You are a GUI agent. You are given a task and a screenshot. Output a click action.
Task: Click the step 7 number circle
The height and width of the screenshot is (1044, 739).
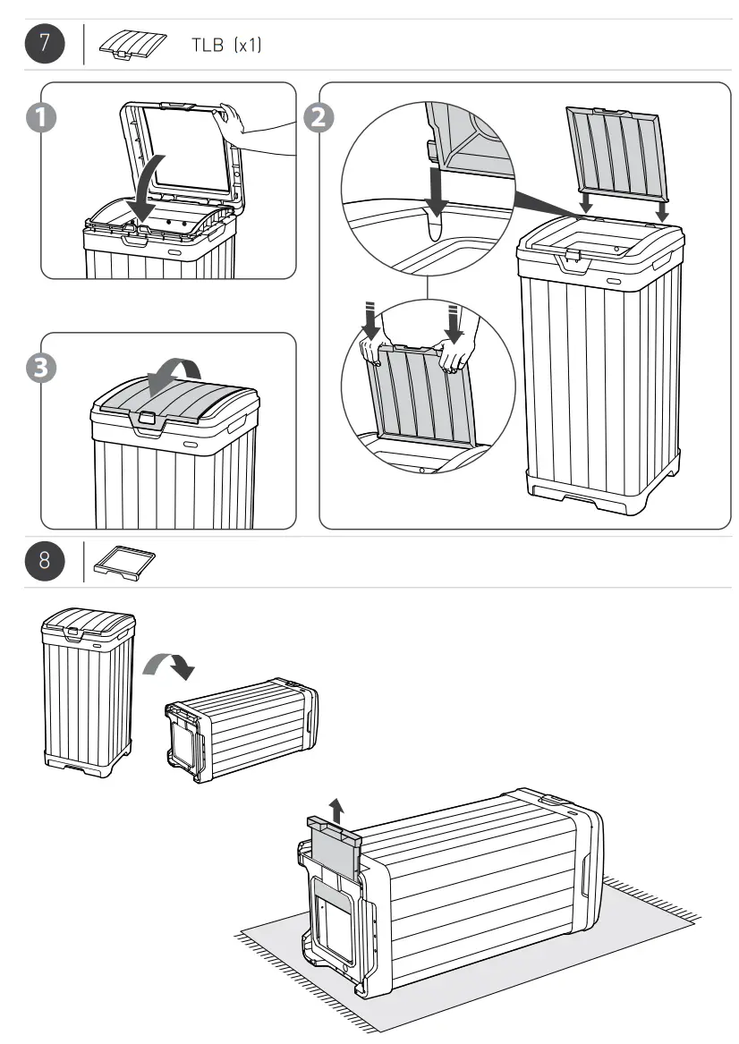point(43,45)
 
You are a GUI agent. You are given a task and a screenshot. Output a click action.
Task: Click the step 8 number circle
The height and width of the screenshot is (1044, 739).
point(43,561)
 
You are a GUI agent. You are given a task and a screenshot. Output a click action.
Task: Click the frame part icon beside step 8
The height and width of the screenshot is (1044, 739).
point(124,562)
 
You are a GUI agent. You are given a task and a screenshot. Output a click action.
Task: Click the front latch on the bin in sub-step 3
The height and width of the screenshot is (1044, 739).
point(145,418)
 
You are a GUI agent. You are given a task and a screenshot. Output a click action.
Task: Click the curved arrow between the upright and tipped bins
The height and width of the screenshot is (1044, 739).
point(169,661)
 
